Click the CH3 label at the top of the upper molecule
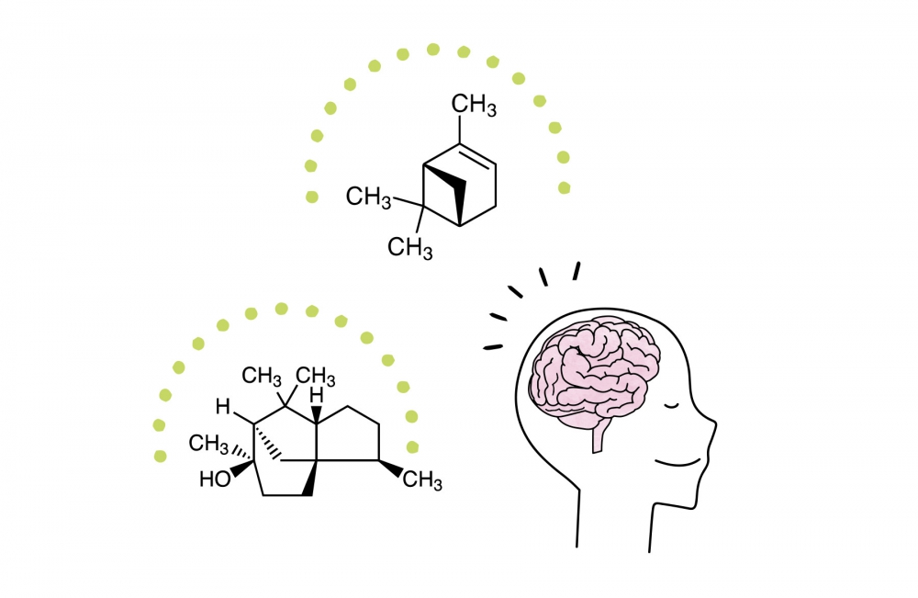[474, 106]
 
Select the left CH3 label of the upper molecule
[368, 197]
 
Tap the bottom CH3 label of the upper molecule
[409, 248]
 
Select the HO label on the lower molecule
[215, 480]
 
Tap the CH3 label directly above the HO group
[208, 444]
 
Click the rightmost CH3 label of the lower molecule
[422, 480]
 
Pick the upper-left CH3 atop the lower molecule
[262, 376]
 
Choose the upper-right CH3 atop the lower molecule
[315, 376]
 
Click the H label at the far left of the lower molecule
[222, 407]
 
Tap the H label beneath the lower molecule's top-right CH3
[316, 396]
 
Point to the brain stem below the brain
[599, 437]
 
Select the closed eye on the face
[670, 405]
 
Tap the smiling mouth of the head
[677, 463]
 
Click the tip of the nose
[714, 423]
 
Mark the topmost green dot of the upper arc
[433, 50]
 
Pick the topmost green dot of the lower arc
[282, 309]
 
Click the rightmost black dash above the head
[577, 271]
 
